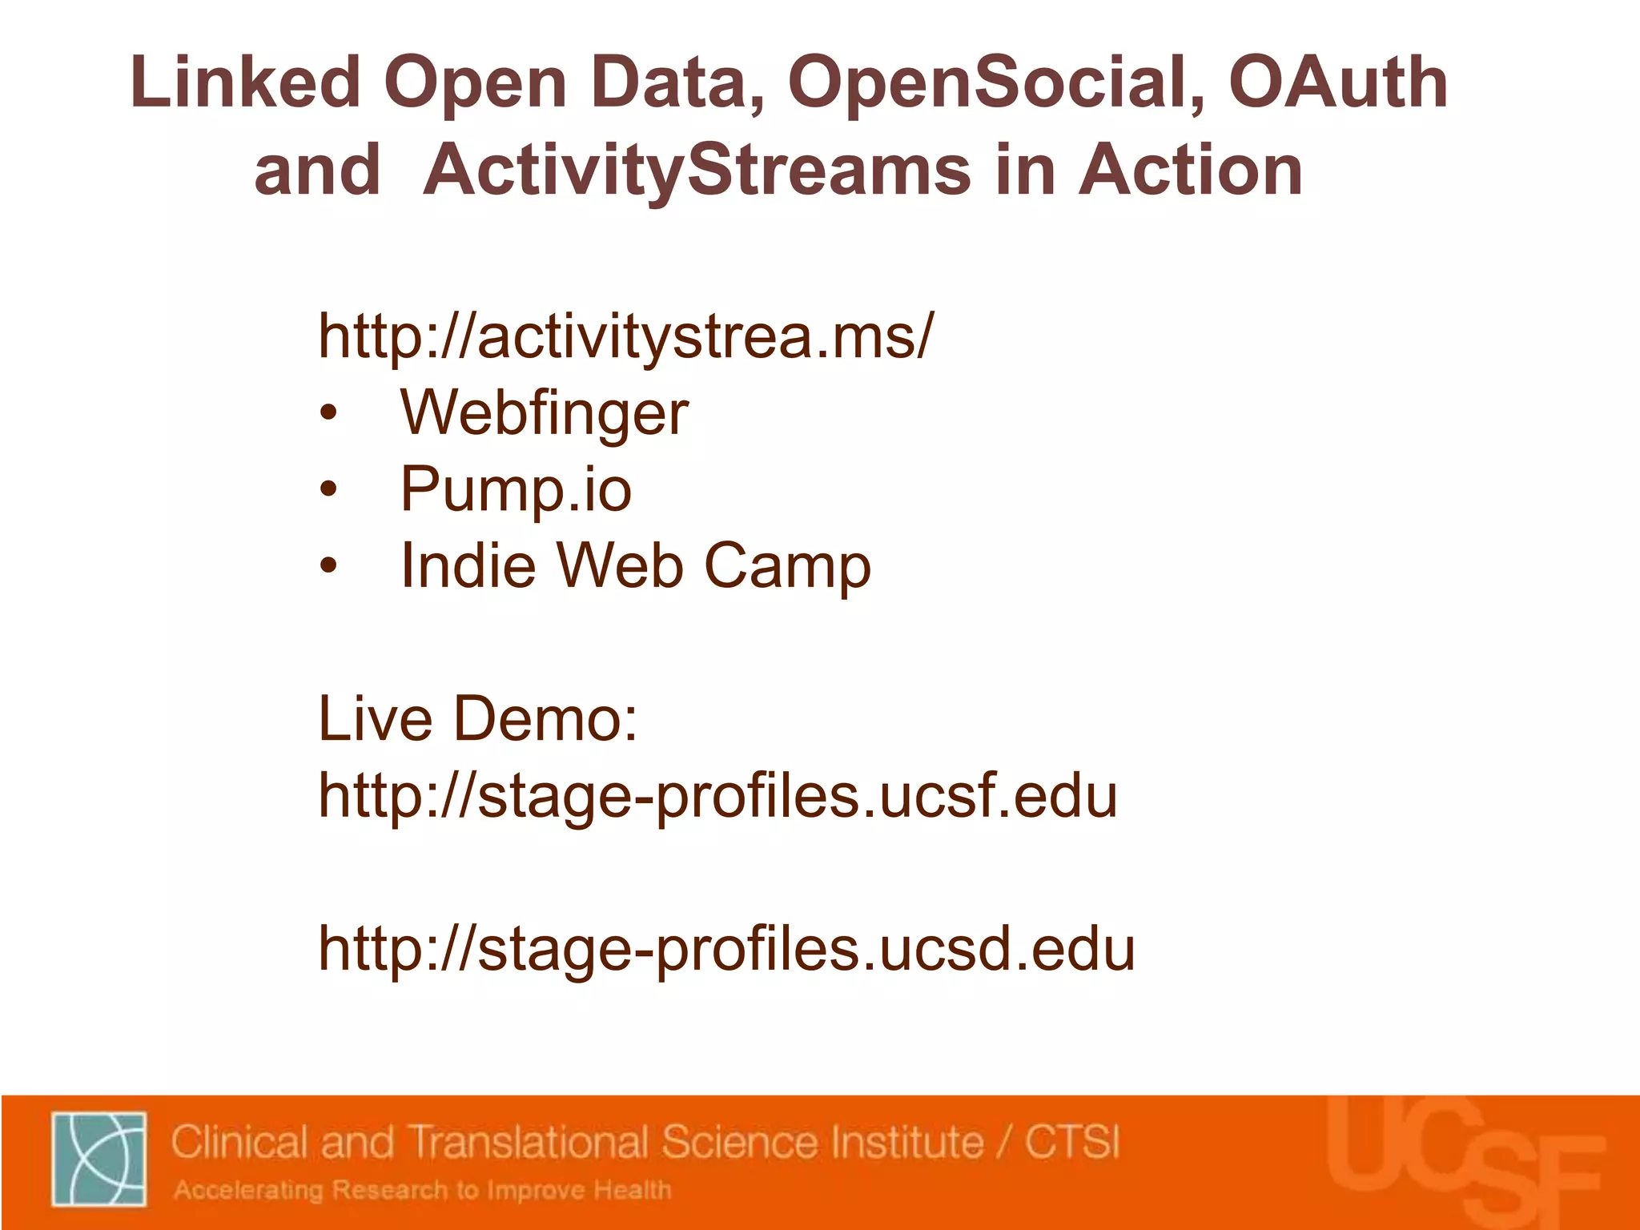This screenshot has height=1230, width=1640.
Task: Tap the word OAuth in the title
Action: (1338, 83)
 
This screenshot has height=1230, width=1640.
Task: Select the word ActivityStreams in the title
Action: (697, 171)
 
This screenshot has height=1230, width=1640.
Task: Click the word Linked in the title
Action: (245, 83)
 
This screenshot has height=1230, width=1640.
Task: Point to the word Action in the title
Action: (1191, 171)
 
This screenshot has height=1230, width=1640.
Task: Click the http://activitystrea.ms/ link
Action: (625, 336)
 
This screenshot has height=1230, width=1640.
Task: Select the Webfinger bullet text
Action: (545, 412)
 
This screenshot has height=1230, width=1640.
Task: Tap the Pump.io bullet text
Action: (517, 489)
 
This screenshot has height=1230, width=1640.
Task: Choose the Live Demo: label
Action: (478, 718)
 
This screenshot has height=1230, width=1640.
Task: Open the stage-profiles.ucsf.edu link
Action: (717, 795)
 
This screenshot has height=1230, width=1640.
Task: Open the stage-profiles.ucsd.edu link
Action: (726, 949)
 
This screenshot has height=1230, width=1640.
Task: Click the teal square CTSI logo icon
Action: (99, 1158)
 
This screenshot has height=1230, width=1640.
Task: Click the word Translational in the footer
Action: (529, 1142)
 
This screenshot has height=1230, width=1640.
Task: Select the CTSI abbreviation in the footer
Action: (1072, 1142)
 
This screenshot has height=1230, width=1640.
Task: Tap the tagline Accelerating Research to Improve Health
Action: (423, 1190)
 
